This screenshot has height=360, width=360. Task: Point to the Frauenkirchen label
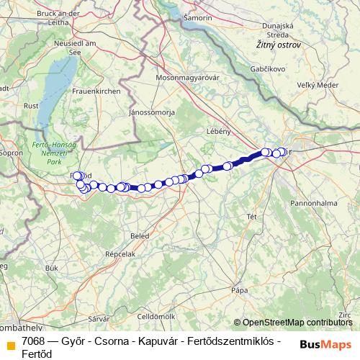[x=96, y=93]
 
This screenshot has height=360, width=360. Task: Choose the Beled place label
[x=140, y=236]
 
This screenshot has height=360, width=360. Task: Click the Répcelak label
[x=120, y=254]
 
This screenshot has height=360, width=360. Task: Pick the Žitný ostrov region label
[x=278, y=45]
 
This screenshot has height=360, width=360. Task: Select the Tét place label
[x=251, y=216]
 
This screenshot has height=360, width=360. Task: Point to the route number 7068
[x=33, y=341]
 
